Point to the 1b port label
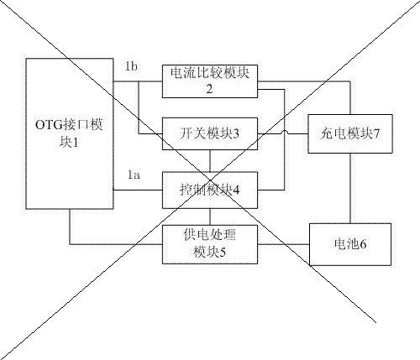[131, 66]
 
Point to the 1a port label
[134, 175]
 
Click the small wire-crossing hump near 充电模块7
[285, 132]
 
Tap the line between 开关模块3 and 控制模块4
[210, 161]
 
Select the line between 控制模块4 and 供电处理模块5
[210, 217]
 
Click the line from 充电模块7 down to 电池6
[350, 188]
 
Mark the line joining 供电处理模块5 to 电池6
[283, 244]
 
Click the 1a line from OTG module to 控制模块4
[138, 190]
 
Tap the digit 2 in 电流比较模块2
[209, 89]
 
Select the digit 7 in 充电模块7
[376, 134]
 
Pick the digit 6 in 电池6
[363, 244]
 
